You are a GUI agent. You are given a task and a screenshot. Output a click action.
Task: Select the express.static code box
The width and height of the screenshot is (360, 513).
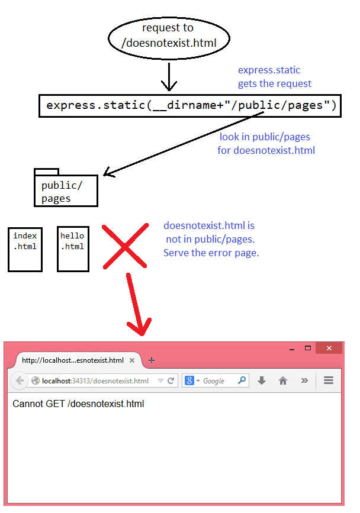[x=191, y=106]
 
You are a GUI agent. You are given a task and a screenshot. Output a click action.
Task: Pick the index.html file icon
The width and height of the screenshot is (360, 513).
[x=25, y=249]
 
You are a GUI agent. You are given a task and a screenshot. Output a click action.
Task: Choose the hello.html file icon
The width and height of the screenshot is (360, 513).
[x=73, y=249]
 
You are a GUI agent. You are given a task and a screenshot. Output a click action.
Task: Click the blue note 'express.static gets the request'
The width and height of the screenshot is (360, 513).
[x=274, y=78]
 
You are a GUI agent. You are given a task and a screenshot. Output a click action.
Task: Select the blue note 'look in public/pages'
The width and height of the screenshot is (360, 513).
[x=265, y=144]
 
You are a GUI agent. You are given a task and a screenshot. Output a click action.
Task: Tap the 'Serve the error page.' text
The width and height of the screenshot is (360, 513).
[x=211, y=253]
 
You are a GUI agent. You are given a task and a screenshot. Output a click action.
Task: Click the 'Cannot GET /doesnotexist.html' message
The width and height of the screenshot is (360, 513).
[x=78, y=404]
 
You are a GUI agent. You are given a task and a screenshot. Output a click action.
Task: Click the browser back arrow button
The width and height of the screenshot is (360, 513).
[x=18, y=380]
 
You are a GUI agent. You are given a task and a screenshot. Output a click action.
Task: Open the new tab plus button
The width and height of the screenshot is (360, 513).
[x=152, y=360]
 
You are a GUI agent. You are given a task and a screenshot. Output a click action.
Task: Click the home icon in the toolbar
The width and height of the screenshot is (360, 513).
[x=283, y=380]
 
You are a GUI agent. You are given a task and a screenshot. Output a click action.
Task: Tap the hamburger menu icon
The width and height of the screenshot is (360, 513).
[x=328, y=380]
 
